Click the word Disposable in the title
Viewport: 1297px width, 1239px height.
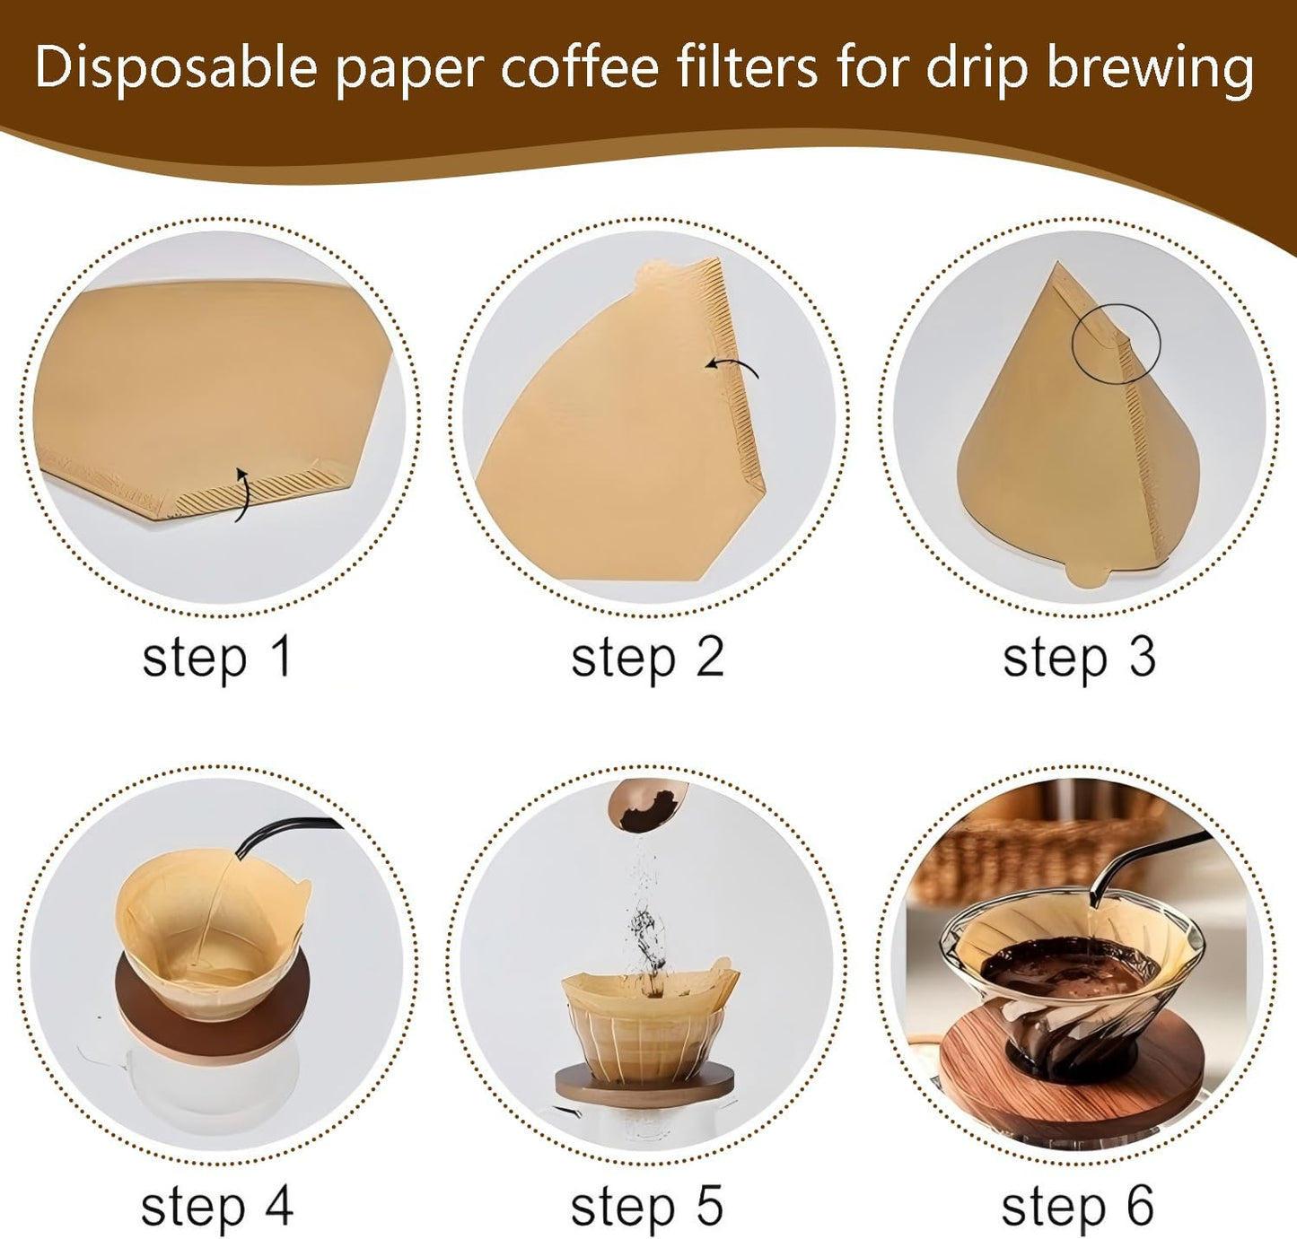(176, 68)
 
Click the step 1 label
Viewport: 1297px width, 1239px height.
(217, 658)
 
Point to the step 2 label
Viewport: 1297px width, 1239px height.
(647, 658)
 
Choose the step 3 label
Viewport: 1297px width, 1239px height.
(1078, 658)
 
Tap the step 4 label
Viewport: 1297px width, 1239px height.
(217, 1207)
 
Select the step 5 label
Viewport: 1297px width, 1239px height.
(647, 1207)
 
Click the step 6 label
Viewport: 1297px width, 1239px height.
(1077, 1207)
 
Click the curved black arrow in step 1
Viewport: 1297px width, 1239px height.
(242, 493)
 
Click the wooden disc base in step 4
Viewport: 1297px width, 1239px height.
(215, 1023)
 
